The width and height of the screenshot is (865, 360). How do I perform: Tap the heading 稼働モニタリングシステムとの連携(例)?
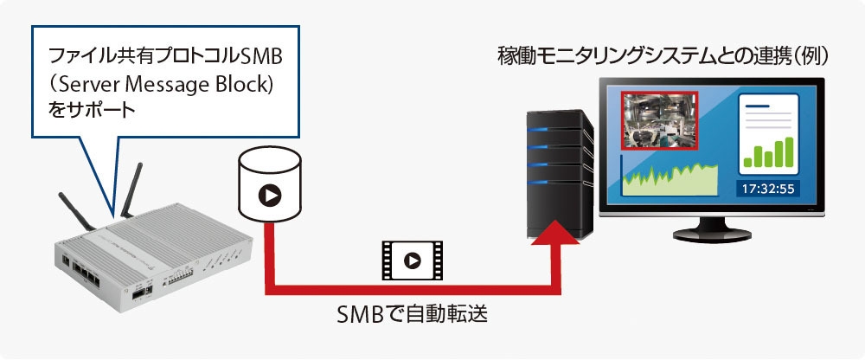[x=663, y=57]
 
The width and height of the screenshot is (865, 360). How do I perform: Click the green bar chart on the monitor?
[x=767, y=154]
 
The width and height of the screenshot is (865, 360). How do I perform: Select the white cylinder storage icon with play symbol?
[x=269, y=184]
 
